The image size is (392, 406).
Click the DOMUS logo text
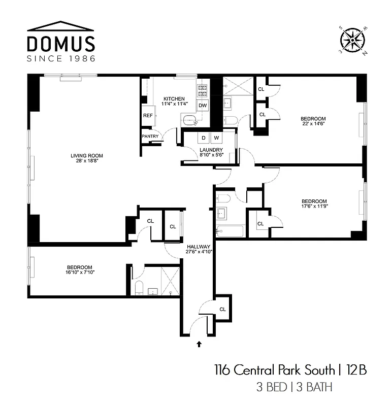pyautogui.click(x=61, y=43)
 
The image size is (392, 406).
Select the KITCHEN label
pyautogui.click(x=174, y=98)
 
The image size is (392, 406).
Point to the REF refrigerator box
pyautogui.click(x=148, y=116)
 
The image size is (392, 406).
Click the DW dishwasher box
pyautogui.click(x=203, y=106)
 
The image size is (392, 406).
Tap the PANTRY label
pyautogui.click(x=150, y=137)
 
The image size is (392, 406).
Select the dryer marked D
pyautogui.click(x=203, y=138)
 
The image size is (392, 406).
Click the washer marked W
pyautogui.click(x=216, y=138)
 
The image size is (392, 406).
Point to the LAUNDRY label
pyautogui.click(x=211, y=150)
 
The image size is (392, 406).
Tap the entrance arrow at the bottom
pyautogui.click(x=199, y=344)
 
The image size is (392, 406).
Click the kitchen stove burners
pyautogui.click(x=202, y=90)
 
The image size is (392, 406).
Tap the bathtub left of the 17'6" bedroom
pyautogui.click(x=230, y=231)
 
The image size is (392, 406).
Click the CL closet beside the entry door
pyautogui.click(x=222, y=309)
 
